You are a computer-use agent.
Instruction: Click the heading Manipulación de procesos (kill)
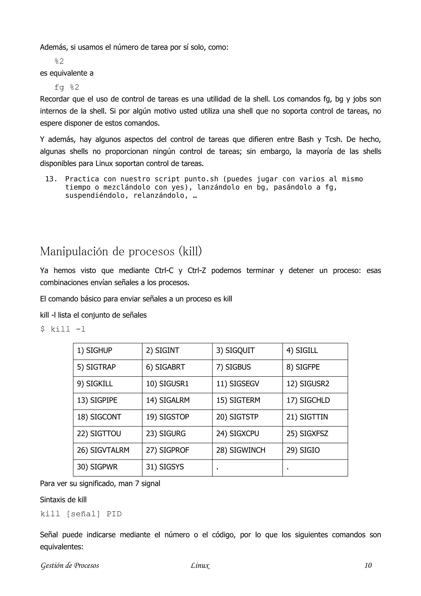(121, 251)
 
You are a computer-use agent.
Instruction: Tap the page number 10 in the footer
(368, 565)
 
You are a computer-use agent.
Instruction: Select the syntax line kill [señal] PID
(81, 514)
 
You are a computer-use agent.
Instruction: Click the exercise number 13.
(51, 179)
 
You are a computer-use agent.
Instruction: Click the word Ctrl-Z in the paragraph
(197, 270)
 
